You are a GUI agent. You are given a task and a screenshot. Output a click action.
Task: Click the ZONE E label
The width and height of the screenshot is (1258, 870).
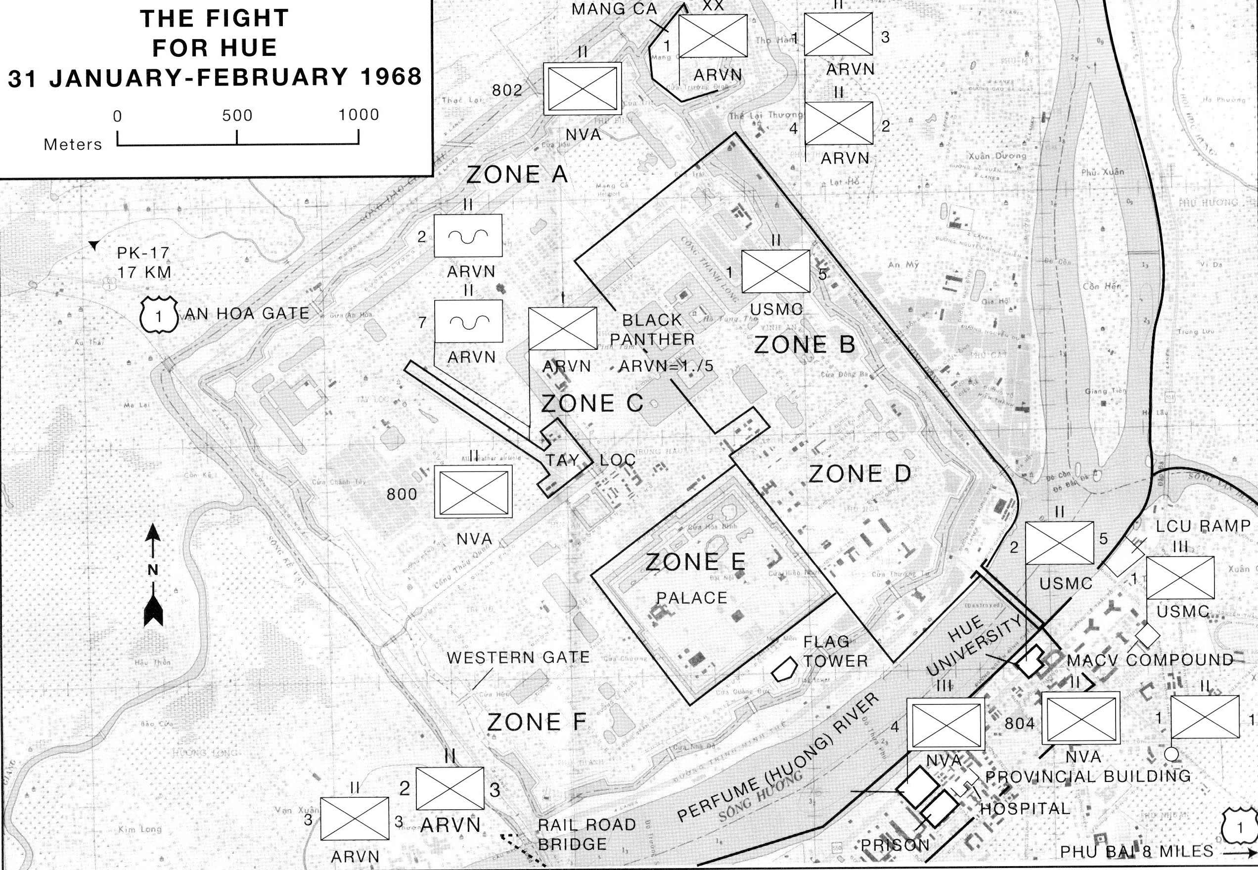(x=695, y=562)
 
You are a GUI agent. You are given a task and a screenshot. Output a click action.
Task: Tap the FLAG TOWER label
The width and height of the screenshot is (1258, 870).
(x=835, y=652)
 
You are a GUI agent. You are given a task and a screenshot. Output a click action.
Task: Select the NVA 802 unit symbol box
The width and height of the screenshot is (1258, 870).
(x=583, y=88)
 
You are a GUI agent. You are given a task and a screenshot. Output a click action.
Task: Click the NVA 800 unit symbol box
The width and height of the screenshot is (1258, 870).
(x=473, y=492)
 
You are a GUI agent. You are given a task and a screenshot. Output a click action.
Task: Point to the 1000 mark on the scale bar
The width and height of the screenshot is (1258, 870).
(x=358, y=115)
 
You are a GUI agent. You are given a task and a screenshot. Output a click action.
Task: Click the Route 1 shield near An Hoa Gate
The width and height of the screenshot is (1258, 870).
(x=159, y=314)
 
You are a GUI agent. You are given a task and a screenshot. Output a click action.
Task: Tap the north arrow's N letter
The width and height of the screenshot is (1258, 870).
(x=153, y=569)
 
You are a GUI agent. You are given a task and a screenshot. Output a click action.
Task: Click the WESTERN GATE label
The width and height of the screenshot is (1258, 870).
(x=518, y=658)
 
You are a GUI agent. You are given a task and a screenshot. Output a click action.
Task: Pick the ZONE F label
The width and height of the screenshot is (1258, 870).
(x=537, y=722)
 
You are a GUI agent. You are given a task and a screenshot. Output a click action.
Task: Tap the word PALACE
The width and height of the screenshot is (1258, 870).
(x=691, y=598)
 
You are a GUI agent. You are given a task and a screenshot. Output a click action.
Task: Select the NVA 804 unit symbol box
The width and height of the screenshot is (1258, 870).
(x=1081, y=718)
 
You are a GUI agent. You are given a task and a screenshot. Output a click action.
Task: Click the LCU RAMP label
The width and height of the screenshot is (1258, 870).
(x=1203, y=526)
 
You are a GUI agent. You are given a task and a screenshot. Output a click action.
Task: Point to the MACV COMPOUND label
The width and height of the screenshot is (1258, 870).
(x=1150, y=660)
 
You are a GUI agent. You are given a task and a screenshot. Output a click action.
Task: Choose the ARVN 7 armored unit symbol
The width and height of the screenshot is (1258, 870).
(x=468, y=321)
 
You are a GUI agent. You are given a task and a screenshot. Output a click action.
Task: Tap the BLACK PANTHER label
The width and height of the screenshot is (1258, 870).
(x=652, y=329)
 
